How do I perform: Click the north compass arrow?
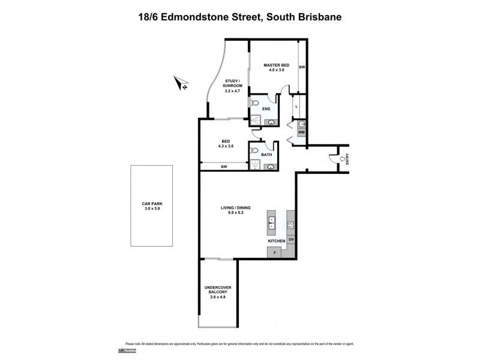179,82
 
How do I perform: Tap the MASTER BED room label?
277,67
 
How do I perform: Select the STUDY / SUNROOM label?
233,86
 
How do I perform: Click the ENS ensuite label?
266,109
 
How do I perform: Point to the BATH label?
266,154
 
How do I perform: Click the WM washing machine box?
302,132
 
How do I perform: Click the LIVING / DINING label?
236,210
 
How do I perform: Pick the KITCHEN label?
277,241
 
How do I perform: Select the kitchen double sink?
271,223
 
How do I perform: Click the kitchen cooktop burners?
291,226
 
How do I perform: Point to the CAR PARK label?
152,206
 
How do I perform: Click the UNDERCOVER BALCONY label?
218,291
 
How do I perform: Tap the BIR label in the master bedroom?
302,67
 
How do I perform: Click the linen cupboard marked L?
296,106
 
